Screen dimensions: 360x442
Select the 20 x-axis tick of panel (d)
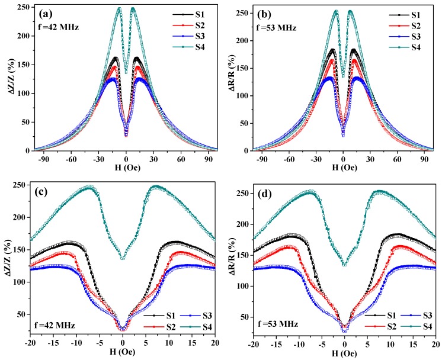[x=435, y=345]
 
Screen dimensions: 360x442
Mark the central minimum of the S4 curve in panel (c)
[x=123, y=258]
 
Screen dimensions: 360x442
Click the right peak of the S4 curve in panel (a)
[x=132, y=9]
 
